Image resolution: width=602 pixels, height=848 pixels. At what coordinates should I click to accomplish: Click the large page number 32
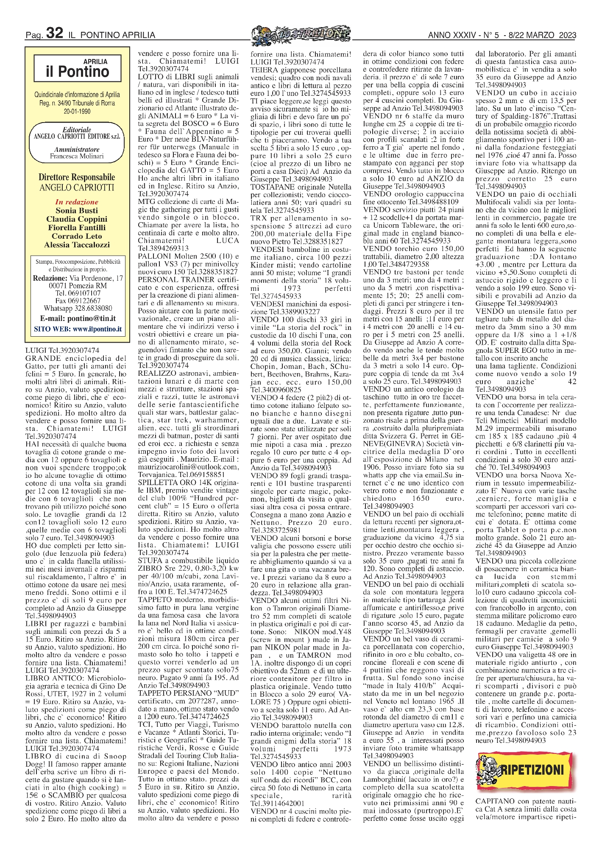[54, 33]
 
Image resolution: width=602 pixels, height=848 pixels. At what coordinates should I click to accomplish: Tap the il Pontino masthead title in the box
[78, 71]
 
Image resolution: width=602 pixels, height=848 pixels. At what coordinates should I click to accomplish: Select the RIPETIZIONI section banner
[527, 769]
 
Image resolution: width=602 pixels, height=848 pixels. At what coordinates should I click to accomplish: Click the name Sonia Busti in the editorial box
[77, 211]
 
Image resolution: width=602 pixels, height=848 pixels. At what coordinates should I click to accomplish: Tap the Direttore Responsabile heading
[77, 177]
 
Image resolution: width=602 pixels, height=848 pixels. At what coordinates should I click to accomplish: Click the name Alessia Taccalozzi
[77, 245]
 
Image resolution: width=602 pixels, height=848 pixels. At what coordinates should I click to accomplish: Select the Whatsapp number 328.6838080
[93, 309]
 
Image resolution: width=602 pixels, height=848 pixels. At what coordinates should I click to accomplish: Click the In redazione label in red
[77, 202]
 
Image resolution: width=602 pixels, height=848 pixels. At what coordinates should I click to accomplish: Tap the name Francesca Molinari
[77, 156]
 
